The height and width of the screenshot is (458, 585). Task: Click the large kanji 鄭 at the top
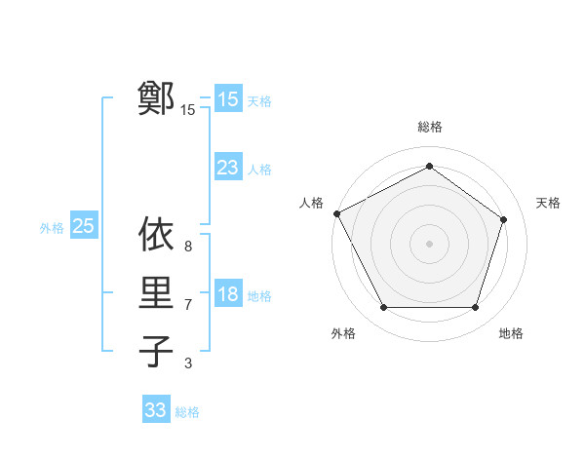click(x=157, y=98)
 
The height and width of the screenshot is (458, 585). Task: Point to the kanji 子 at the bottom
click(x=157, y=351)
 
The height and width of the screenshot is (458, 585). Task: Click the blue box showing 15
click(x=228, y=98)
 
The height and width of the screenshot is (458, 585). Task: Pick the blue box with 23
click(x=228, y=168)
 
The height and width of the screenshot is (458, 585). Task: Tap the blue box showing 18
click(x=228, y=294)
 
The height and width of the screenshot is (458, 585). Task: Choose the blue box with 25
click(x=84, y=226)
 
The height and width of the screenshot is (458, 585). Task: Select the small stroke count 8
click(x=187, y=247)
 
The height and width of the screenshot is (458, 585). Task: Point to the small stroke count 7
click(x=187, y=305)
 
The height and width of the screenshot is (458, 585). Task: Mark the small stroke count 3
click(x=187, y=363)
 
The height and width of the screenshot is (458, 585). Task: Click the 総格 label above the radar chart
click(x=429, y=127)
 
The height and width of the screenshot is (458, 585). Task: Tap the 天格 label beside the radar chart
click(x=549, y=203)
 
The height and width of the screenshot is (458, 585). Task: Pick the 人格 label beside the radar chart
click(x=311, y=203)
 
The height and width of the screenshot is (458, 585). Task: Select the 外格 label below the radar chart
click(x=343, y=333)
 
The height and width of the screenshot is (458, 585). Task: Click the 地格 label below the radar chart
click(x=511, y=333)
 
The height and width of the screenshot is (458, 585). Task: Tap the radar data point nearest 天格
click(x=503, y=219)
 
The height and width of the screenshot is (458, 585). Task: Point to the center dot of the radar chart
click(x=429, y=243)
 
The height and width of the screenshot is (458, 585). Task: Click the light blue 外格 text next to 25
click(x=52, y=228)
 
